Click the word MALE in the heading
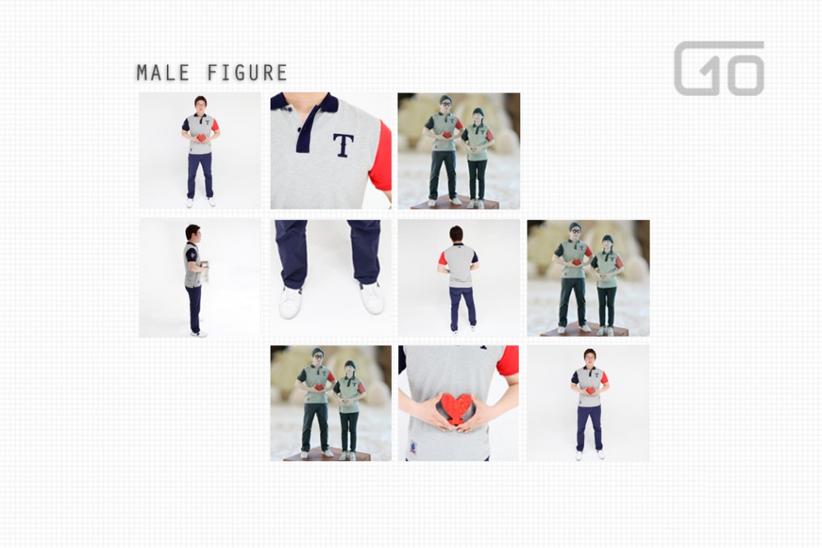(x=163, y=73)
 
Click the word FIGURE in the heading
(x=247, y=73)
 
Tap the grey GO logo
(x=719, y=68)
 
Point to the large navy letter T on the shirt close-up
(x=343, y=145)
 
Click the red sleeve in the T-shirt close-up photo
(x=381, y=156)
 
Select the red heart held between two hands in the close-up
(x=456, y=408)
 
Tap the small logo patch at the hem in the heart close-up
(x=413, y=447)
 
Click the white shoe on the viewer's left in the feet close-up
(x=290, y=302)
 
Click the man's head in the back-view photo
(x=456, y=234)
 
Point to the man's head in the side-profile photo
(x=193, y=233)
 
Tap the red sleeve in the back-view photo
(x=442, y=258)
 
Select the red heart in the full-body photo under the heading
(x=201, y=138)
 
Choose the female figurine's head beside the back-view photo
(x=607, y=243)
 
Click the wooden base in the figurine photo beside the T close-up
(x=454, y=203)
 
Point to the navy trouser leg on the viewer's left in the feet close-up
(x=291, y=253)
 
